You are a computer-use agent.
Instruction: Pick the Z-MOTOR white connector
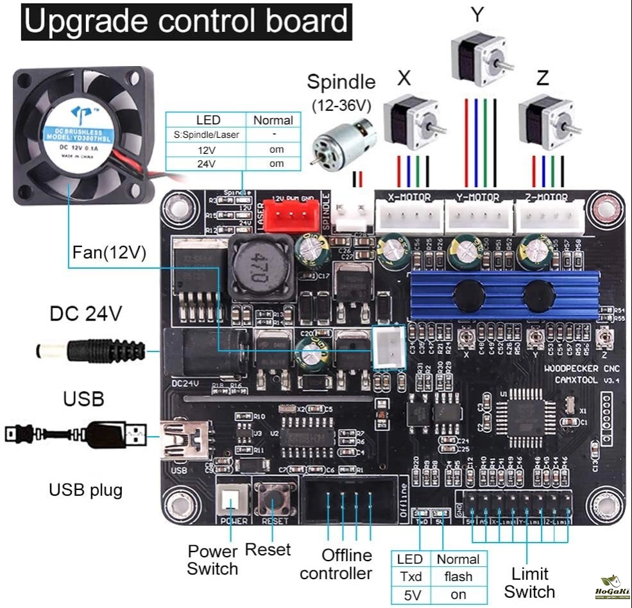click(x=550, y=216)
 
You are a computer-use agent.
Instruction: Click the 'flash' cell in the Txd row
click(x=457, y=576)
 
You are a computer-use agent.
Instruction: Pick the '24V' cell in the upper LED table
click(x=206, y=164)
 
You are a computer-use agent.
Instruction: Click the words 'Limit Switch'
click(x=529, y=582)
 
